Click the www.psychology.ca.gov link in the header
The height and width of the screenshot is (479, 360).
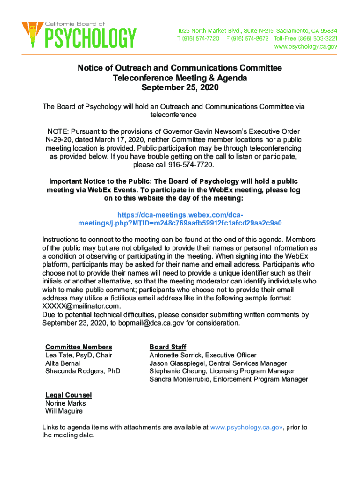point(305,47)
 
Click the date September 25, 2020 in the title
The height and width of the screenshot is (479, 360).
point(180,87)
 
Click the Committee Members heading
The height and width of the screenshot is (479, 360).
point(79,347)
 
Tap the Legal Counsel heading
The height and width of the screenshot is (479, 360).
point(68,395)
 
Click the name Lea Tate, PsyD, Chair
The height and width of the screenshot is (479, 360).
point(79,355)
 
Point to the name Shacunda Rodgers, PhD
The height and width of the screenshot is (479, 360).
point(83,371)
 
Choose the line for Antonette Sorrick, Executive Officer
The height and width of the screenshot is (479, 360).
point(203,355)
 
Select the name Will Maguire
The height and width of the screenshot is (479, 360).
point(64,411)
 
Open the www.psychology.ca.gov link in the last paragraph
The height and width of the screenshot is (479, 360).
point(246,427)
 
